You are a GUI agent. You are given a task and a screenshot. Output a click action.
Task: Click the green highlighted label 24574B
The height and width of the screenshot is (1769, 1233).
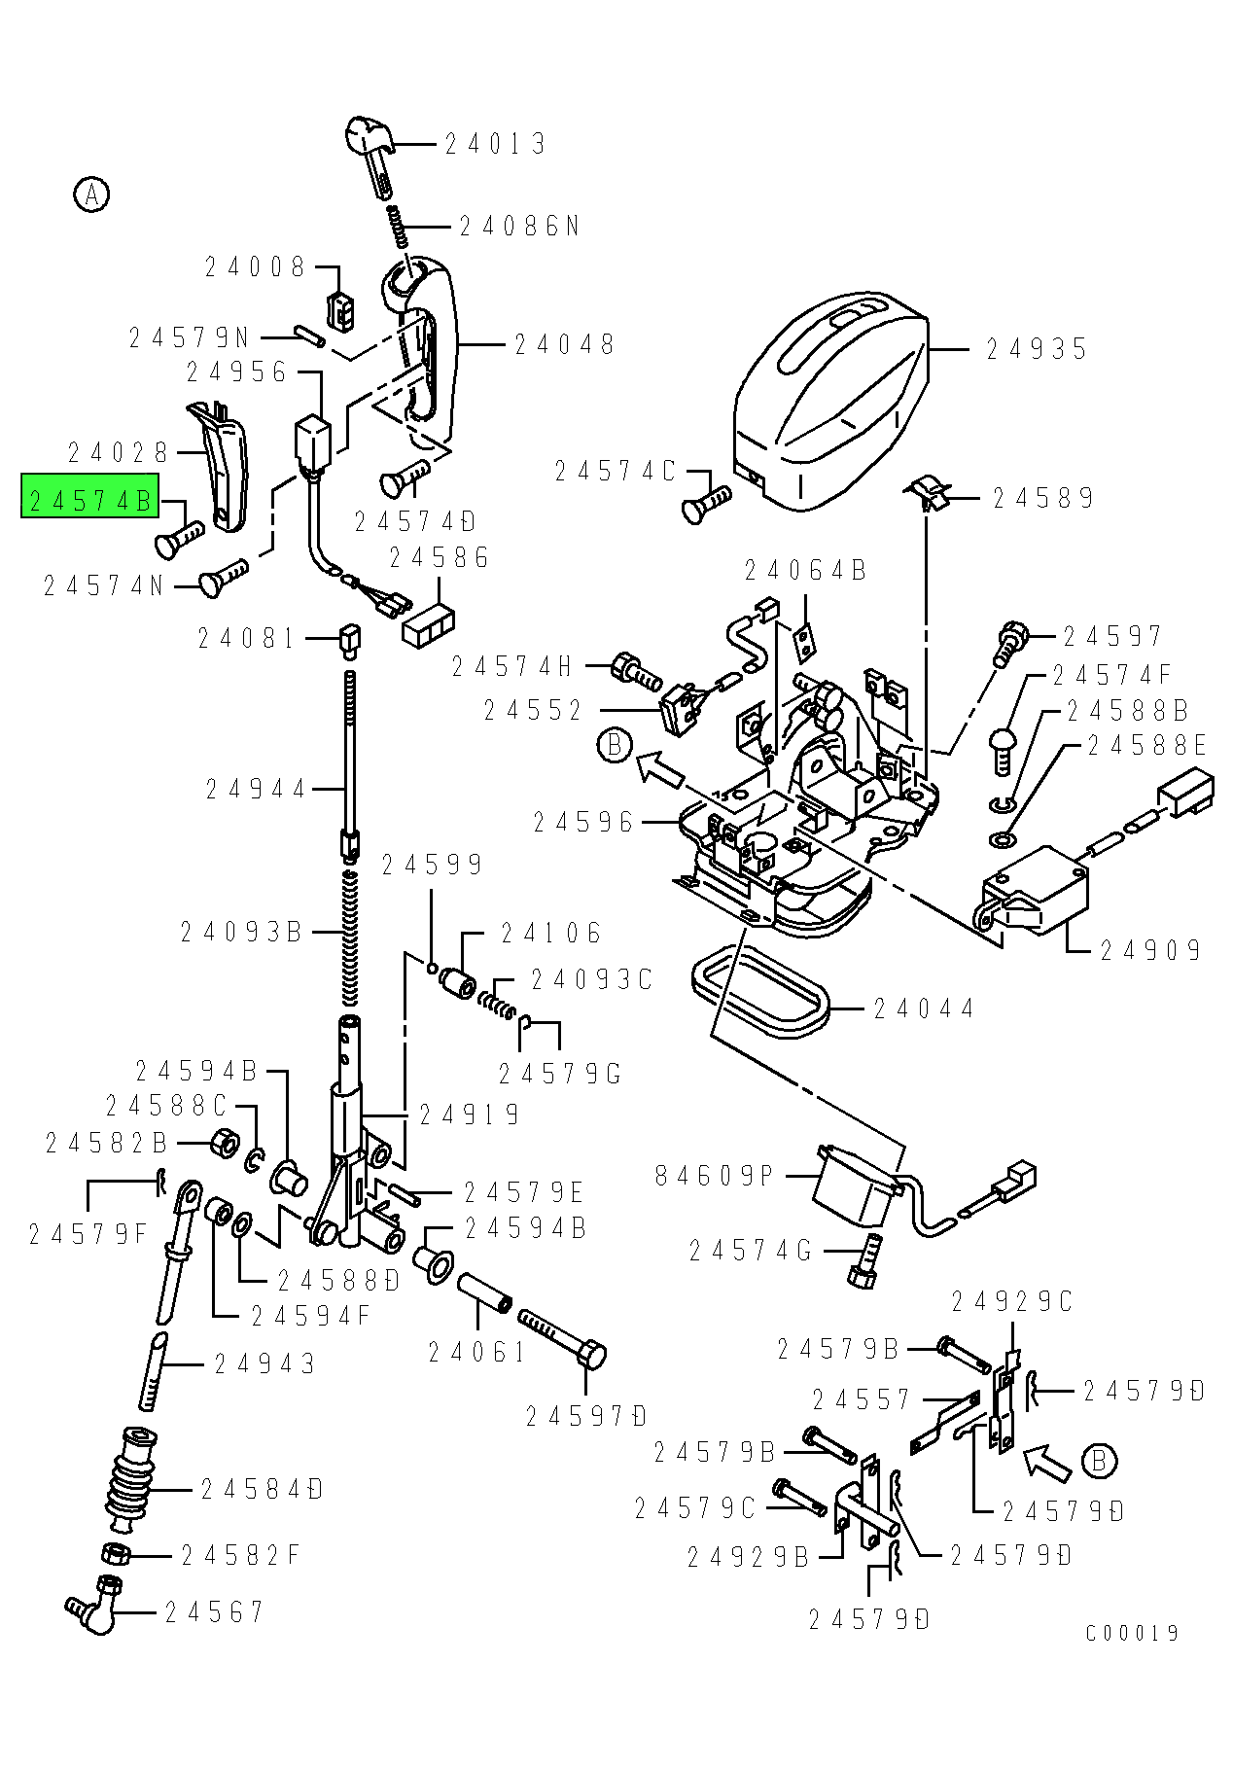[89, 501]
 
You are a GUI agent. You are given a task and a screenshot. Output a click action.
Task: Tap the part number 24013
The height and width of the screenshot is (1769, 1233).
[495, 145]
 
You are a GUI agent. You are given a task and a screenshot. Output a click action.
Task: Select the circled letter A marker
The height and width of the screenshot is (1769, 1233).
[91, 195]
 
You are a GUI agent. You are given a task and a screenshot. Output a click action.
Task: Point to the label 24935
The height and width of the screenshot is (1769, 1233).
[1037, 349]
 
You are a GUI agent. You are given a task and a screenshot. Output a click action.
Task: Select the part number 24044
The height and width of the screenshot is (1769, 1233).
[923, 1008]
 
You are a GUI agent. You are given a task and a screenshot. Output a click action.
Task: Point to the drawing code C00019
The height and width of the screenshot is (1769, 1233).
[1132, 1633]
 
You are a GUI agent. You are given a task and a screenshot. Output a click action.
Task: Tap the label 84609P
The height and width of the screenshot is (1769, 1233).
[714, 1176]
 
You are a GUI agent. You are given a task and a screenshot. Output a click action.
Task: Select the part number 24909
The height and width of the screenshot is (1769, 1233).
[1150, 950]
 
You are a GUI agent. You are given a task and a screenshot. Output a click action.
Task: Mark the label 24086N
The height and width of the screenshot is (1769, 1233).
[519, 227]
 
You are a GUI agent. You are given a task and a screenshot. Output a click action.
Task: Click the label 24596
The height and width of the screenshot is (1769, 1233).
[583, 823]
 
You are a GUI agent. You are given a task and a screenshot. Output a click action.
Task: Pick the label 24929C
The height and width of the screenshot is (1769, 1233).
[1011, 1301]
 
